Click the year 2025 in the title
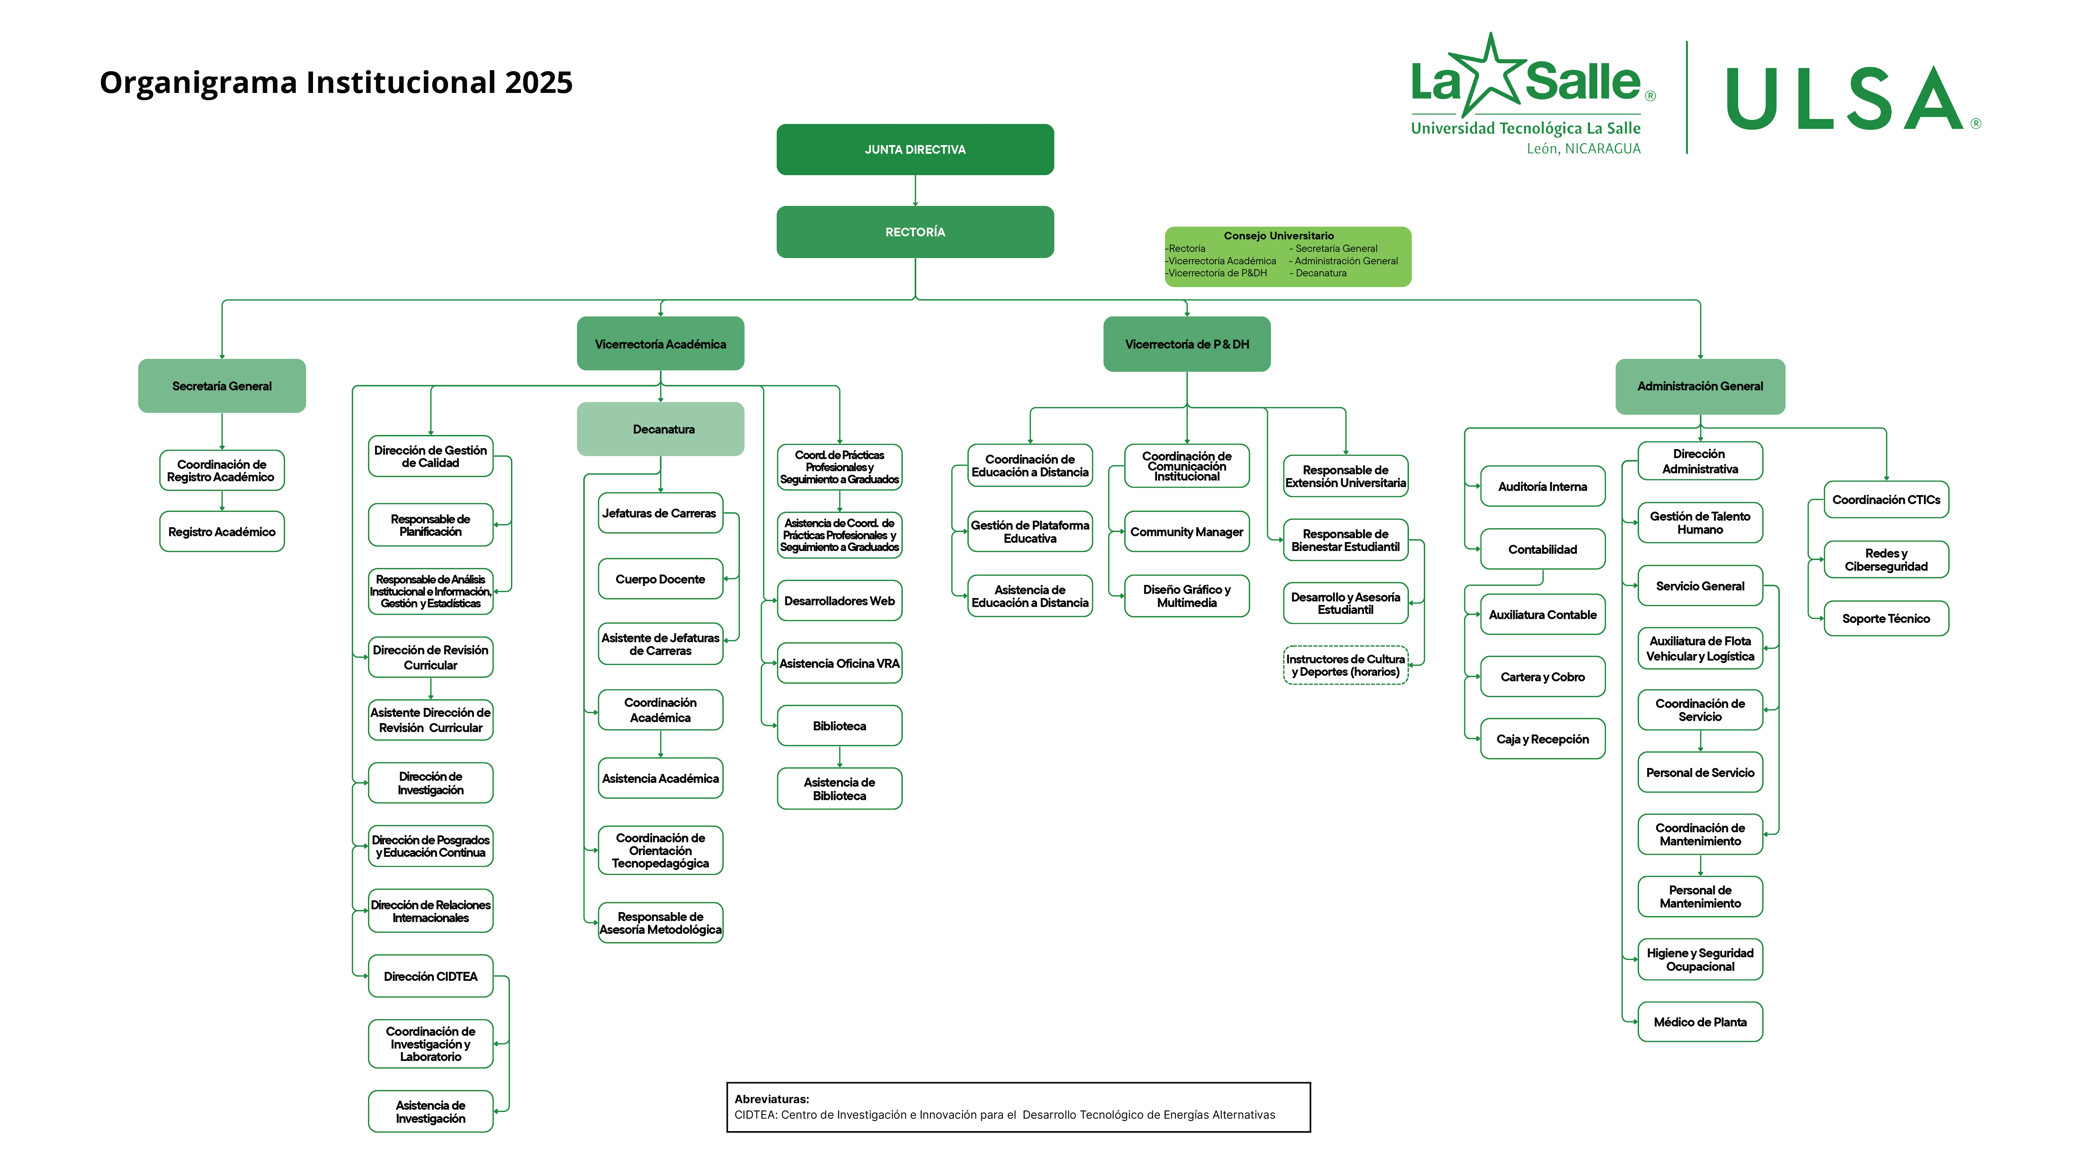[538, 82]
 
